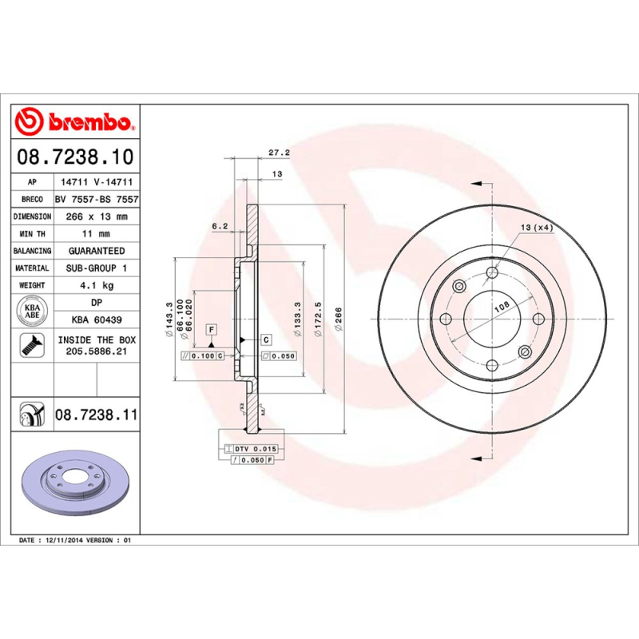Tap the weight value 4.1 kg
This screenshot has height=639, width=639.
[x=96, y=285]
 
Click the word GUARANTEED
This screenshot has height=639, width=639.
[x=96, y=251]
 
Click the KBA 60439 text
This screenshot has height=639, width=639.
[x=96, y=319]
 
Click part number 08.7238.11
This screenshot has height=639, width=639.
[x=96, y=415]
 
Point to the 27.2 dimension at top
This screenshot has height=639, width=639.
[x=278, y=152]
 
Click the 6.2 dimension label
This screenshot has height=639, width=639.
[x=220, y=226]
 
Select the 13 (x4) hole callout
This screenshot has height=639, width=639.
[x=537, y=228]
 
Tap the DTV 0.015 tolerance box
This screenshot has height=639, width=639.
[x=252, y=450]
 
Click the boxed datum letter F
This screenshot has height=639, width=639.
[x=211, y=329]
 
